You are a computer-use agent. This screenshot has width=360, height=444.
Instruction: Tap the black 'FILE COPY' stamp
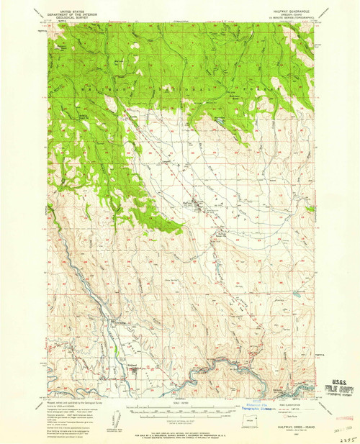339,388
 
